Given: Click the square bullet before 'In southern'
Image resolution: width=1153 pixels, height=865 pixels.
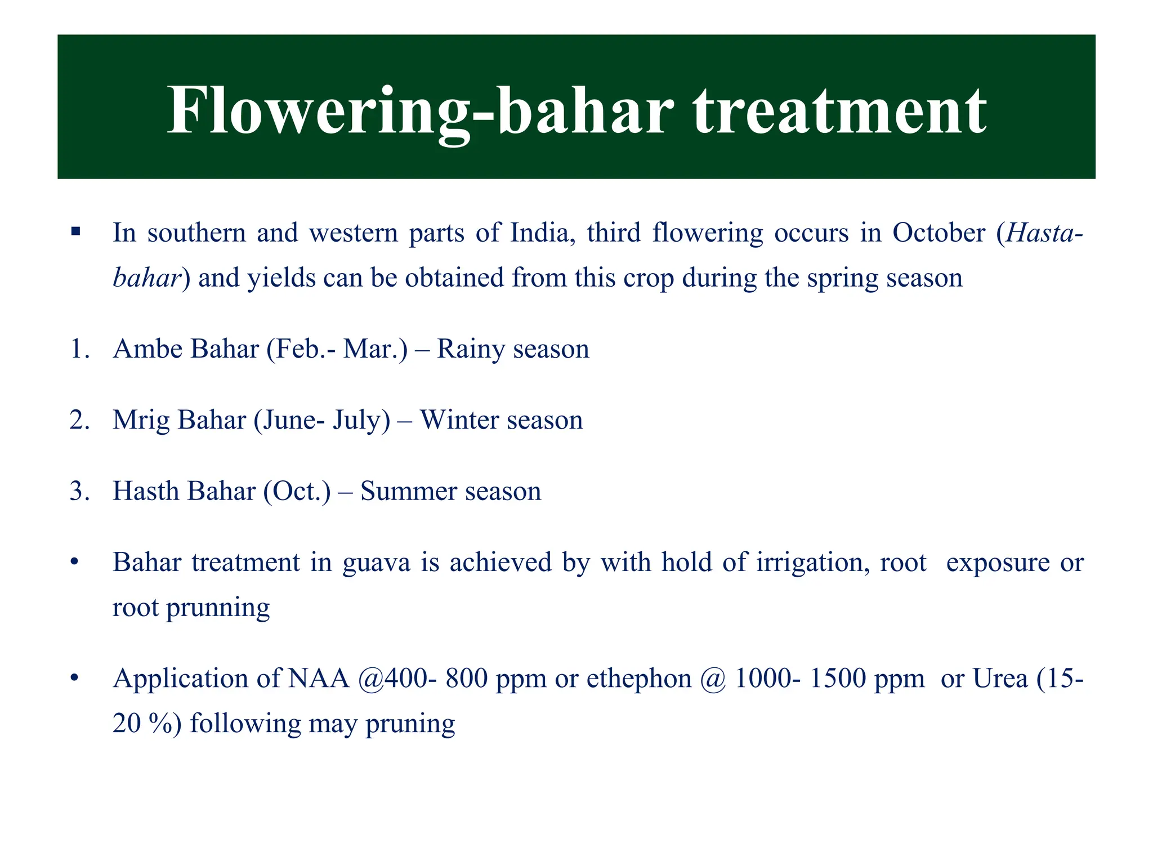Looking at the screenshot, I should click(x=75, y=231).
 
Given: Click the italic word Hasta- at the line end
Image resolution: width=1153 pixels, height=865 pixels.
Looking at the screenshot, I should click(x=1043, y=233).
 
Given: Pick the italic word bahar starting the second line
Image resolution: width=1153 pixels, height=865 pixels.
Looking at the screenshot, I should click(x=146, y=278).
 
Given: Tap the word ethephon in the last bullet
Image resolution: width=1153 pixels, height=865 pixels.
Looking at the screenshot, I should click(x=639, y=679).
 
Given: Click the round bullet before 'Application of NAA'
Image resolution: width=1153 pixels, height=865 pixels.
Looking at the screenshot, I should click(x=74, y=679).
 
